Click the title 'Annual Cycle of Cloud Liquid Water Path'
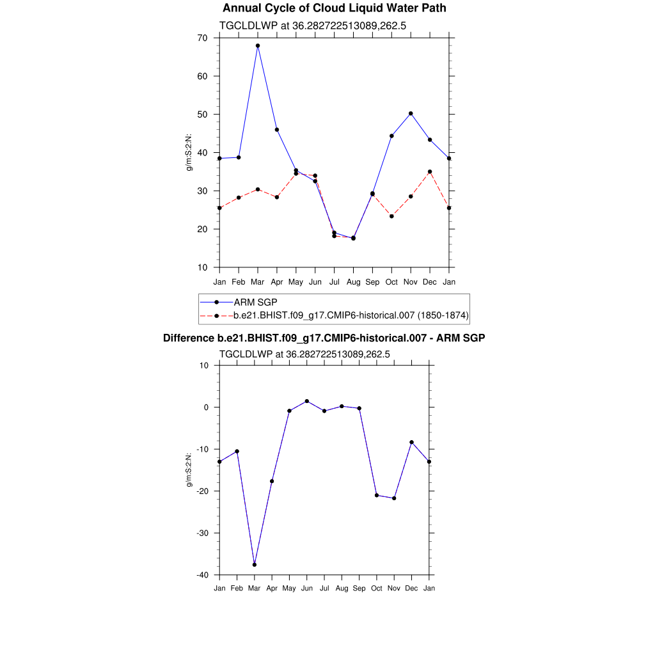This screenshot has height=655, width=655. [334, 8]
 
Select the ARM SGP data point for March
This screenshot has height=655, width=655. [258, 45]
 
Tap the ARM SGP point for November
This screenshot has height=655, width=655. [411, 113]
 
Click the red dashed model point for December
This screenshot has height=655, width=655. [430, 171]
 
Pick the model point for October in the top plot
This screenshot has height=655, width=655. [391, 216]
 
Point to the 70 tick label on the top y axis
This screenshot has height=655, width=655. [202, 38]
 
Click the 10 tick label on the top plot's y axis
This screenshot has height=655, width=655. [202, 267]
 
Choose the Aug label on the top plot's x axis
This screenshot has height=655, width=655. [353, 282]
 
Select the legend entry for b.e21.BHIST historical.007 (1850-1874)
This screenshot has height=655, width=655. [351, 315]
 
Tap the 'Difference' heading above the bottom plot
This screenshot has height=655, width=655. [324, 338]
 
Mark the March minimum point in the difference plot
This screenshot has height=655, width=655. [255, 565]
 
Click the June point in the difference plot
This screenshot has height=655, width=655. [307, 401]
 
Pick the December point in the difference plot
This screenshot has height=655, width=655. [411, 442]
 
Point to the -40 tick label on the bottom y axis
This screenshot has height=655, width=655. [203, 575]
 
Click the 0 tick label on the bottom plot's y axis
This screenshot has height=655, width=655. [207, 407]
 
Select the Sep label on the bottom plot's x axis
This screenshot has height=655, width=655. [359, 588]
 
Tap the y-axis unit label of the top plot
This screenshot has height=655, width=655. [189, 152]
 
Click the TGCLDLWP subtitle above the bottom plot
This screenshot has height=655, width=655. [304, 354]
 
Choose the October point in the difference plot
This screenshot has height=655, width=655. [377, 495]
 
